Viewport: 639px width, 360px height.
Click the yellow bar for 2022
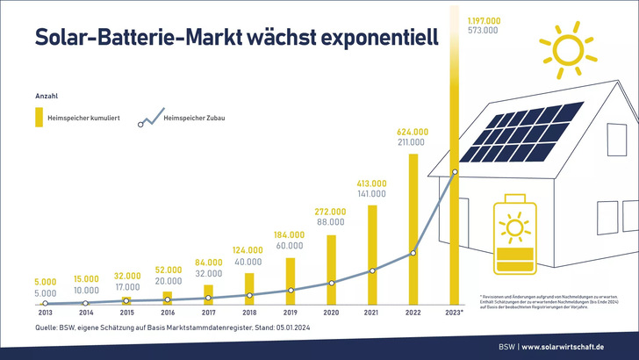[x=413, y=228]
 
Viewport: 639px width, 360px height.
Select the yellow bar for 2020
[x=331, y=268]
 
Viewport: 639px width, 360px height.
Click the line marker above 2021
[x=372, y=270]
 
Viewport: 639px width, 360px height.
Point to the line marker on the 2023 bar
[x=454, y=172]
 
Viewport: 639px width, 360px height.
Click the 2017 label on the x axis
[x=208, y=311]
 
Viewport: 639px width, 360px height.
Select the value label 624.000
[x=413, y=132]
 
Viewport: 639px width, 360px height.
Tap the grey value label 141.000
[x=372, y=194]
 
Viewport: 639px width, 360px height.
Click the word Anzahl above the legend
[x=47, y=95]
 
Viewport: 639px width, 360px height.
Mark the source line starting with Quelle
[x=176, y=327]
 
